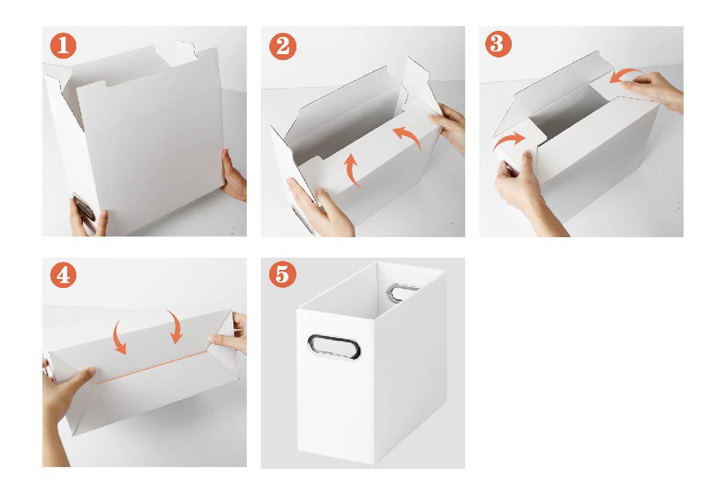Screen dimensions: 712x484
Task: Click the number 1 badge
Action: point(63,45)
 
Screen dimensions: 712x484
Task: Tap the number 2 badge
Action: point(283,47)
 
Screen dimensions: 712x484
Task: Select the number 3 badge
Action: point(498,44)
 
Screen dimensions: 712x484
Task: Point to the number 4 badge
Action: point(63,275)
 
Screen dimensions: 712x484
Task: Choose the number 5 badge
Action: point(283,274)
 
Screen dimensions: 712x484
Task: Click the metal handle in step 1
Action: point(85,208)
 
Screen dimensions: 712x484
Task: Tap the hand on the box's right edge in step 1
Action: point(234,175)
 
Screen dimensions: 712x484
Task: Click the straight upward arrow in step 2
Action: point(351,170)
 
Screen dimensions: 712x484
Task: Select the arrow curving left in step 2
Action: point(410,137)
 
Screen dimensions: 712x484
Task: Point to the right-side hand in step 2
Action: point(449,127)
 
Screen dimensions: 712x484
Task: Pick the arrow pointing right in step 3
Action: point(509,140)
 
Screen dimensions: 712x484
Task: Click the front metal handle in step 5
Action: point(334,346)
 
